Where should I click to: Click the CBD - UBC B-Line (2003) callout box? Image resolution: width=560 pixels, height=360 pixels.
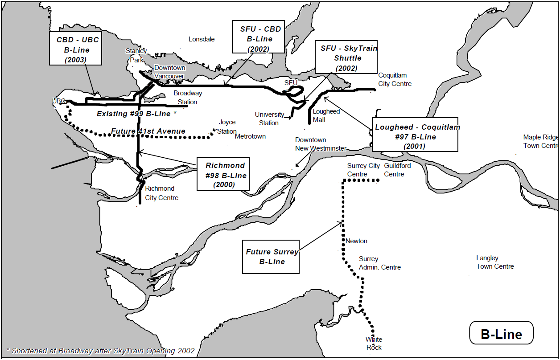pos(76,48)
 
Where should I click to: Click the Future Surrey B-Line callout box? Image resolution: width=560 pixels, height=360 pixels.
pos(271,257)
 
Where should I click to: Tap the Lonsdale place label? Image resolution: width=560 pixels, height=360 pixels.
pos(202,39)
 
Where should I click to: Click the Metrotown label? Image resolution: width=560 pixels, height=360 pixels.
pos(250,136)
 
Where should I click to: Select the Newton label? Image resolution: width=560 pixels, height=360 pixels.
pos(356,241)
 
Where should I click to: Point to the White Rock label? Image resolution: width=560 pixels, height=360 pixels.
pos(374,344)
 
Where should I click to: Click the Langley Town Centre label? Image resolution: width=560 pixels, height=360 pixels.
pos(495,262)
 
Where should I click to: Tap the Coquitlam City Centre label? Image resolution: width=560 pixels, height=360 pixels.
pos(395,80)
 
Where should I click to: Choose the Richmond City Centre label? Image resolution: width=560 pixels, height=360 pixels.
pos(161,193)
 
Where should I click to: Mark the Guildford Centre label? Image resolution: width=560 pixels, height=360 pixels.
pos(397,170)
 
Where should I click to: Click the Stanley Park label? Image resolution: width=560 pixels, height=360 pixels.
pos(136,56)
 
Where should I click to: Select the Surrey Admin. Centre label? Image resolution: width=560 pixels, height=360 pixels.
pos(379,263)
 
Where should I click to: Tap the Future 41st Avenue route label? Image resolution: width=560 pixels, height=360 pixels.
pos(148,131)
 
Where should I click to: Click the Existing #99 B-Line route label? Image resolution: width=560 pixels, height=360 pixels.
pos(136,114)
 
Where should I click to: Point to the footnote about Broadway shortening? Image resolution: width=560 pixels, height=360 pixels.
pos(101,351)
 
